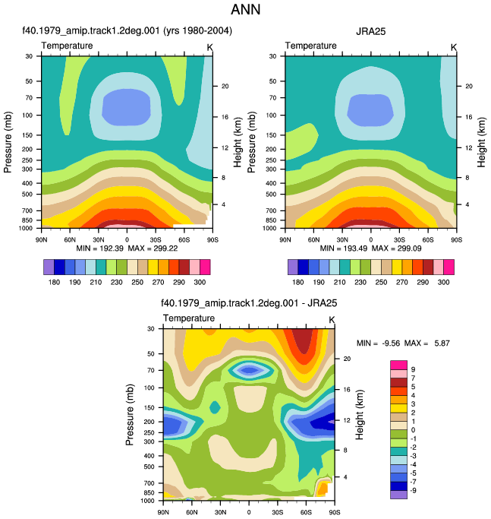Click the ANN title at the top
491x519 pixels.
[245, 10]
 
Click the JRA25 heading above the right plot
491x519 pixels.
[370, 31]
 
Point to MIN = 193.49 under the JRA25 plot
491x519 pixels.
[344, 248]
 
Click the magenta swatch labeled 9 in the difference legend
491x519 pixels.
[398, 365]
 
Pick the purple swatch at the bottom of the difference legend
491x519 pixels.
[398, 495]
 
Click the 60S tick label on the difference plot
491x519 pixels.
[306, 512]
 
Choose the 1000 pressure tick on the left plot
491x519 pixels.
[26, 228]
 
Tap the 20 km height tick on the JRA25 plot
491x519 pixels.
[469, 86]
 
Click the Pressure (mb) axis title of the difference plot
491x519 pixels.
[130, 414]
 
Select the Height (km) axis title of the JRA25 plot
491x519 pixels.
[481, 142]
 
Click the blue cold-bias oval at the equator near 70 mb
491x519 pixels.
[250, 370]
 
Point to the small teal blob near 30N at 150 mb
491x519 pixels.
[216, 407]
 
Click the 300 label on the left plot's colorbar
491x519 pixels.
[200, 283]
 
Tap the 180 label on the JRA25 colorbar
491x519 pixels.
[298, 283]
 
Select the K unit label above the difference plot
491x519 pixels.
[332, 320]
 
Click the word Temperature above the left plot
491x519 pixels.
[67, 46]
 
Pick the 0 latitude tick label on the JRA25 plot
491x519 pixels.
[371, 239]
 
